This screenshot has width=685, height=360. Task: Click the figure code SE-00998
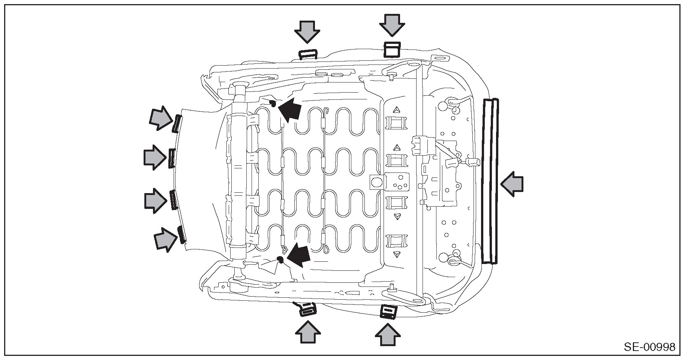(x=649, y=347)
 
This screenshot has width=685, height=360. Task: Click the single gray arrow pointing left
(x=512, y=184)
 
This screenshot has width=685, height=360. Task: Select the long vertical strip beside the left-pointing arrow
(x=491, y=181)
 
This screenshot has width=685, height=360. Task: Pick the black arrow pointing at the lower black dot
(x=299, y=255)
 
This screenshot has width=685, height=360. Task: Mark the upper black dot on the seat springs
(x=273, y=103)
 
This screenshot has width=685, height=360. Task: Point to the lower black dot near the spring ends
(x=279, y=259)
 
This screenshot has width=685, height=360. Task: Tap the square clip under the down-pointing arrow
(x=392, y=49)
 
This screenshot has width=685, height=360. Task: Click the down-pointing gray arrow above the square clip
(x=392, y=25)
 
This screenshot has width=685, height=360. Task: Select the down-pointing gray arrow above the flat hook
(x=307, y=31)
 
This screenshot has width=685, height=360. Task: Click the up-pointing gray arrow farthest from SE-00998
(x=308, y=332)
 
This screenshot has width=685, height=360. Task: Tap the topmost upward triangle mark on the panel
(x=396, y=110)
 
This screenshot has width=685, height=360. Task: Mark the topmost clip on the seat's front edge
(x=177, y=124)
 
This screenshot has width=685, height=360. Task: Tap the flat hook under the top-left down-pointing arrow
(x=308, y=55)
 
